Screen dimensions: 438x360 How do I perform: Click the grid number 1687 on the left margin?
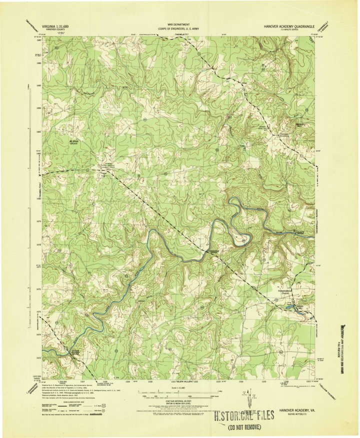[x=38, y=41]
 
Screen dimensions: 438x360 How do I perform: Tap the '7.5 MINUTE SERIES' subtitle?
[x=299, y=29]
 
